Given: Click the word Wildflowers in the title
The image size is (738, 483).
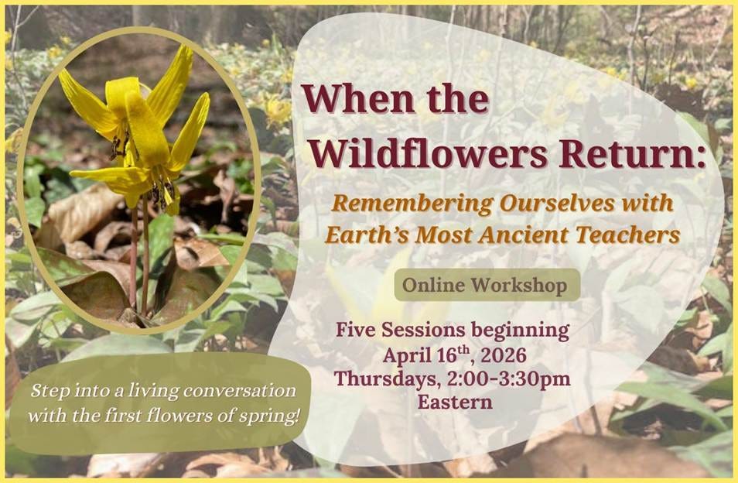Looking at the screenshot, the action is [429, 153].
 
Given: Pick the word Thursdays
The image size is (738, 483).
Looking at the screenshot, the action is [388, 379].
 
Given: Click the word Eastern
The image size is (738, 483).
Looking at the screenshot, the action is [455, 402].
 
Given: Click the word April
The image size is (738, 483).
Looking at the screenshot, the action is [407, 356].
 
